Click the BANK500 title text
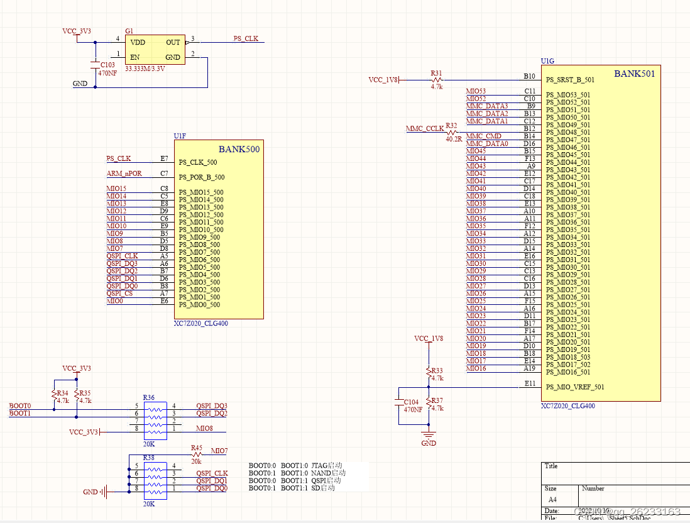click(239, 149)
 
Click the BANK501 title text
click(635, 74)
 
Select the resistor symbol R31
click(437, 80)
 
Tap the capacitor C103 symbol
click(95, 65)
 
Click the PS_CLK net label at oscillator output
click(246, 38)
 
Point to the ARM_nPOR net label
click(124, 173)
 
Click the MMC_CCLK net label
click(425, 129)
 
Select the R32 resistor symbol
click(451, 133)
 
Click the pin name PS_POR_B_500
click(201, 177)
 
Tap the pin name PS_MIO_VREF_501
click(575, 387)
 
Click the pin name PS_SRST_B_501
click(570, 80)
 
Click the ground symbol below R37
click(429, 435)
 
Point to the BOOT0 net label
click(19, 406)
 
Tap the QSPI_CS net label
click(119, 294)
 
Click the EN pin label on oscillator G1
click(134, 57)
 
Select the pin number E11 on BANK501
click(530, 383)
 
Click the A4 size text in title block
click(553, 499)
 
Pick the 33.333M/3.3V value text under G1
click(145, 69)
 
